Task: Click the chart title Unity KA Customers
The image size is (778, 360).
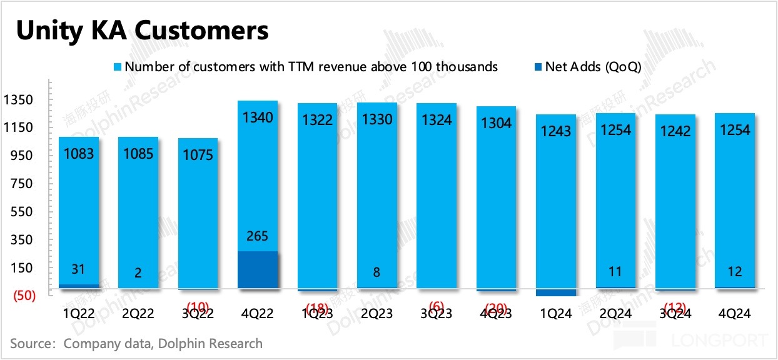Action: [143, 30]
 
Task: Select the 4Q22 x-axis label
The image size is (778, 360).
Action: [258, 314]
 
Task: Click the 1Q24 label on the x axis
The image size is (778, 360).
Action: [555, 314]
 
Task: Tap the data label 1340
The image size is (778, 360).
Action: [258, 117]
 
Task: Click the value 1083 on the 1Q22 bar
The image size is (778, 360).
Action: [78, 152]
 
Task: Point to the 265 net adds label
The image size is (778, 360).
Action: [258, 236]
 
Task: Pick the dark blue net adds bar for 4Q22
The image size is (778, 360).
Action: [258, 270]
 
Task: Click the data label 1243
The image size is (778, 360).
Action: [555, 131]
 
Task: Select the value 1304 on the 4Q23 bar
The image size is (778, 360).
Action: [495, 122]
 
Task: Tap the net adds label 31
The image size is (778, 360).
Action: [78, 269]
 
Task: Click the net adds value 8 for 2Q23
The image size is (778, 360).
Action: [376, 272]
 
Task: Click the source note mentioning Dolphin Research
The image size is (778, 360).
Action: [136, 343]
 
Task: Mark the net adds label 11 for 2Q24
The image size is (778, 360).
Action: [615, 272]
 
